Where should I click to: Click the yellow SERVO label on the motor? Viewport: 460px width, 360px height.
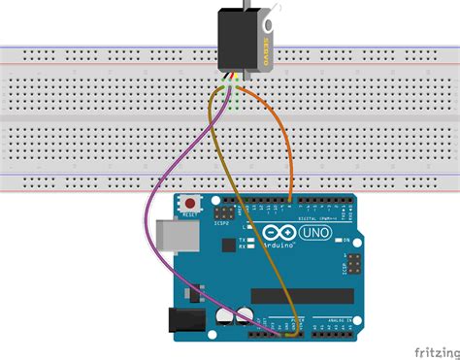pos(264,38)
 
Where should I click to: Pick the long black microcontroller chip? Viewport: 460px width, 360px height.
pos(301,294)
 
